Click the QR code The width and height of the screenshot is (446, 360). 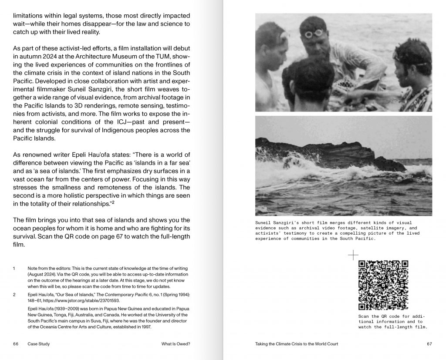383,285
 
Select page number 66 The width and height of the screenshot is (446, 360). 16,344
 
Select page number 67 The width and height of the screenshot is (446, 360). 429,344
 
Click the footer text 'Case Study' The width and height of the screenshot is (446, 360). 38,344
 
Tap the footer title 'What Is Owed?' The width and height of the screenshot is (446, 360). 176,344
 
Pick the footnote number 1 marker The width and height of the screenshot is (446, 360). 14,269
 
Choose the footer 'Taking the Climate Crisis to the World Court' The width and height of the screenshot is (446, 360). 296,344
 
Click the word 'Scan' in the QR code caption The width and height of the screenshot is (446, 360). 363,316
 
